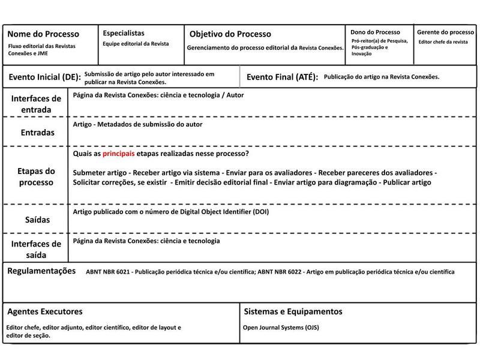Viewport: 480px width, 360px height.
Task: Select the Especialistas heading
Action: pyautogui.click(x=124, y=34)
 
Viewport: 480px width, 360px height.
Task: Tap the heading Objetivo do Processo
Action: pyautogui.click(x=230, y=34)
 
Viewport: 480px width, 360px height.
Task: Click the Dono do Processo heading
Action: pyautogui.click(x=375, y=32)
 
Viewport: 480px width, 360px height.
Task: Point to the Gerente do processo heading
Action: pyautogui.click(x=445, y=32)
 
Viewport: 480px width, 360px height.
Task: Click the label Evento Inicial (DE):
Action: pyautogui.click(x=44, y=77)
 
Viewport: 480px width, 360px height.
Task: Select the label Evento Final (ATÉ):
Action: pyautogui.click(x=282, y=77)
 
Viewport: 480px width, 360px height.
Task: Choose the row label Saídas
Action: pyautogui.click(x=37, y=220)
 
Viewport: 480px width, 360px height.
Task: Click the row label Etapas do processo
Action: pyautogui.click(x=36, y=176)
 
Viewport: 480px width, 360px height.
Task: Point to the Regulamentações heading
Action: pyautogui.click(x=41, y=271)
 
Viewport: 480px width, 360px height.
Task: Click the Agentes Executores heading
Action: pyautogui.click(x=45, y=311)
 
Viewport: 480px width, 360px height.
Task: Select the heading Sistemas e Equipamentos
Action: pyautogui.click(x=293, y=311)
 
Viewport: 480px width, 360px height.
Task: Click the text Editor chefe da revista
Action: pyautogui.click(x=443, y=42)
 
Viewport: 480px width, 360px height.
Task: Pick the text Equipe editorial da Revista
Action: pyautogui.click(x=136, y=44)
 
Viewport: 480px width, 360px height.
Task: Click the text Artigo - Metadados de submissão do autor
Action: pyautogui.click(x=137, y=124)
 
